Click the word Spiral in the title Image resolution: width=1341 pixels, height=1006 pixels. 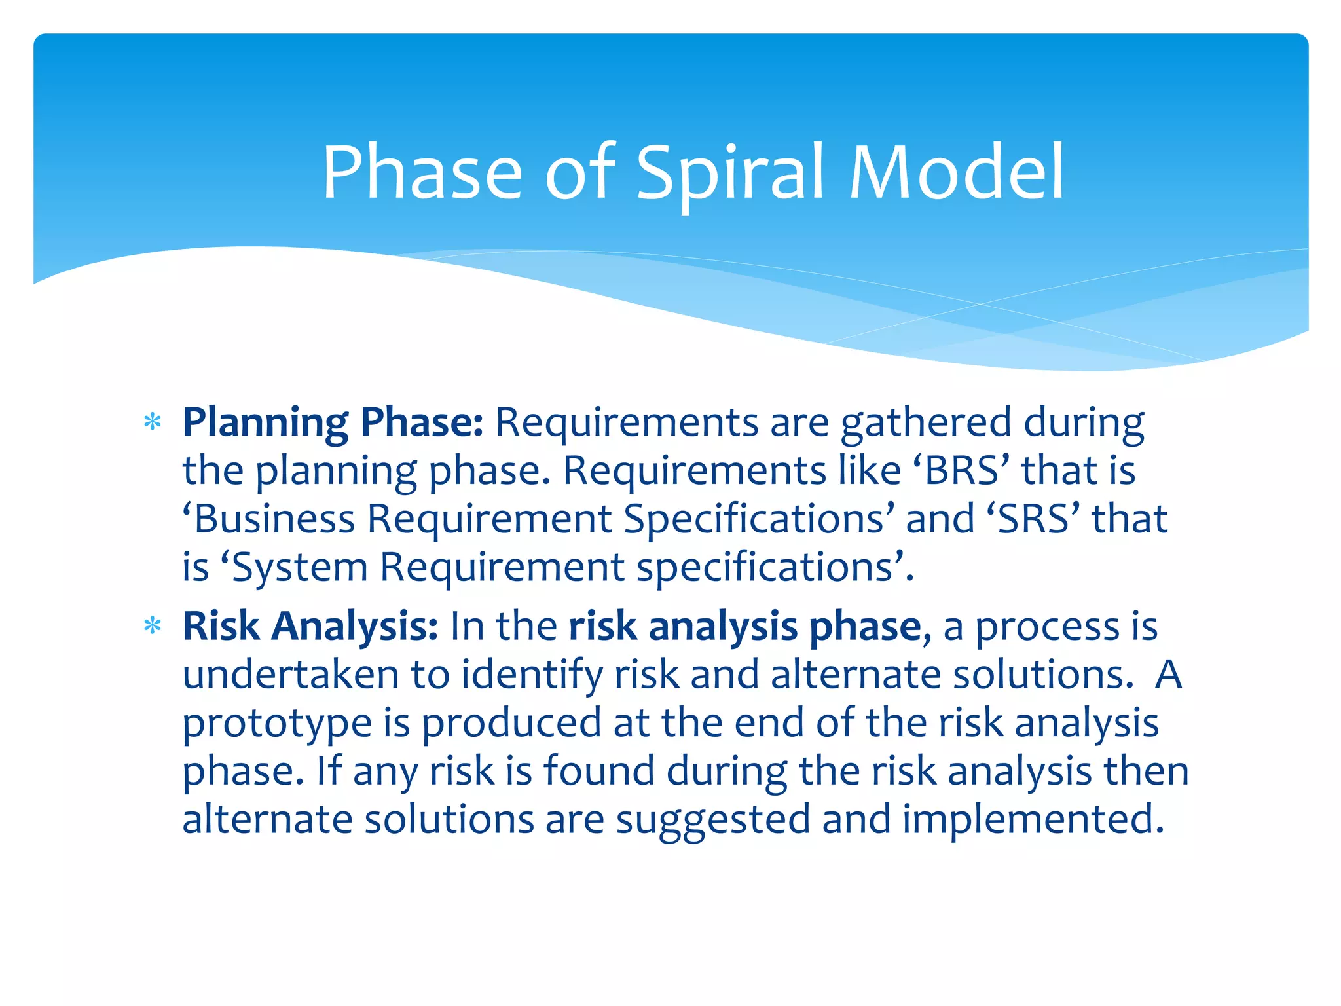click(x=730, y=174)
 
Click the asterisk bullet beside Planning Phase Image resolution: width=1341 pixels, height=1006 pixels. click(x=153, y=422)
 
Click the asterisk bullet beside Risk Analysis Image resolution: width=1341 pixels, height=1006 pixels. click(x=153, y=627)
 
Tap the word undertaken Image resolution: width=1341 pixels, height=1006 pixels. click(x=291, y=675)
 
